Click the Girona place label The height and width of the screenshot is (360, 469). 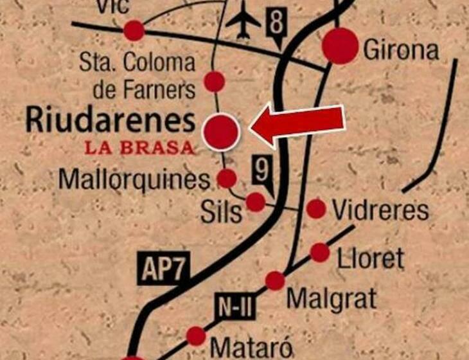click(x=402, y=50)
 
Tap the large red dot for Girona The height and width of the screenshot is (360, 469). click(x=341, y=46)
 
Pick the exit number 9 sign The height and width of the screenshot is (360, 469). click(x=261, y=172)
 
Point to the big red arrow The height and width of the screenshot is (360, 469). click(x=298, y=124)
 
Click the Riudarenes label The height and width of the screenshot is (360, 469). click(x=109, y=121)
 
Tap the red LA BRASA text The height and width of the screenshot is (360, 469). click(x=139, y=148)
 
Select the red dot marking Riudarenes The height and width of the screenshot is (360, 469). click(x=221, y=130)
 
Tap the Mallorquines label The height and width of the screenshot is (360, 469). click(x=134, y=179)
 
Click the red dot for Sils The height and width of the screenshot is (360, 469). click(x=256, y=202)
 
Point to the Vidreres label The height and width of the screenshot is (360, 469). click(x=379, y=210)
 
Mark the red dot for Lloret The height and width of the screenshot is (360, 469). click(x=320, y=253)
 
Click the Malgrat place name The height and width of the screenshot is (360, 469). click(x=332, y=298)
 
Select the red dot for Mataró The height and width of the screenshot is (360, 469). click(x=196, y=336)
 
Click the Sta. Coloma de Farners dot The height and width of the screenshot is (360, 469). click(x=214, y=82)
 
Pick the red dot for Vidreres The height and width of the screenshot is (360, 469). click(x=316, y=208)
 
